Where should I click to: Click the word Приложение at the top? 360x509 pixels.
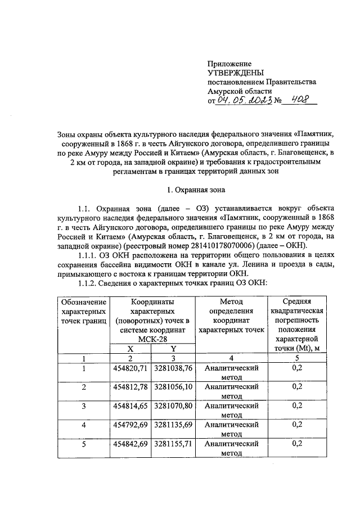[x=229, y=64]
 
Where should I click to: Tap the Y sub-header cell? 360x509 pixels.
[x=173, y=348]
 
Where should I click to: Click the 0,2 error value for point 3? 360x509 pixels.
[x=298, y=405]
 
